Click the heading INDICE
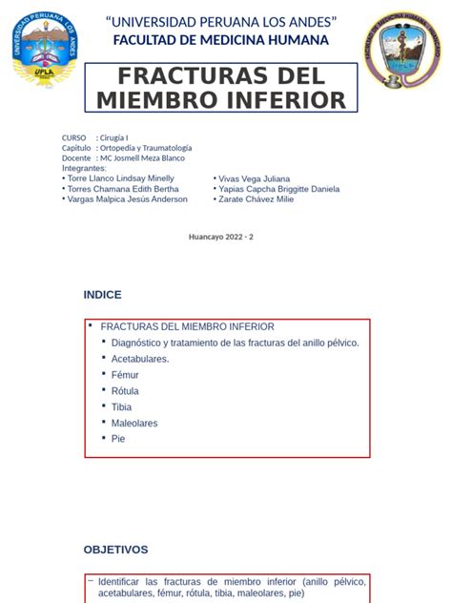point(102,295)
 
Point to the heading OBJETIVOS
point(115,550)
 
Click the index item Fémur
point(125,375)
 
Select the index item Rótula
point(125,391)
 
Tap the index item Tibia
point(121,406)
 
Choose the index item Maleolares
point(134,423)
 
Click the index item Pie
point(118,439)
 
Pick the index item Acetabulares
point(140,359)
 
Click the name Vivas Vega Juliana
point(255,178)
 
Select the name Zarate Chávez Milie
point(257,199)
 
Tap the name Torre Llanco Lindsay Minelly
point(121,178)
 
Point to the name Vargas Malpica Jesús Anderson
point(128,199)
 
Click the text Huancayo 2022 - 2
point(222,237)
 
